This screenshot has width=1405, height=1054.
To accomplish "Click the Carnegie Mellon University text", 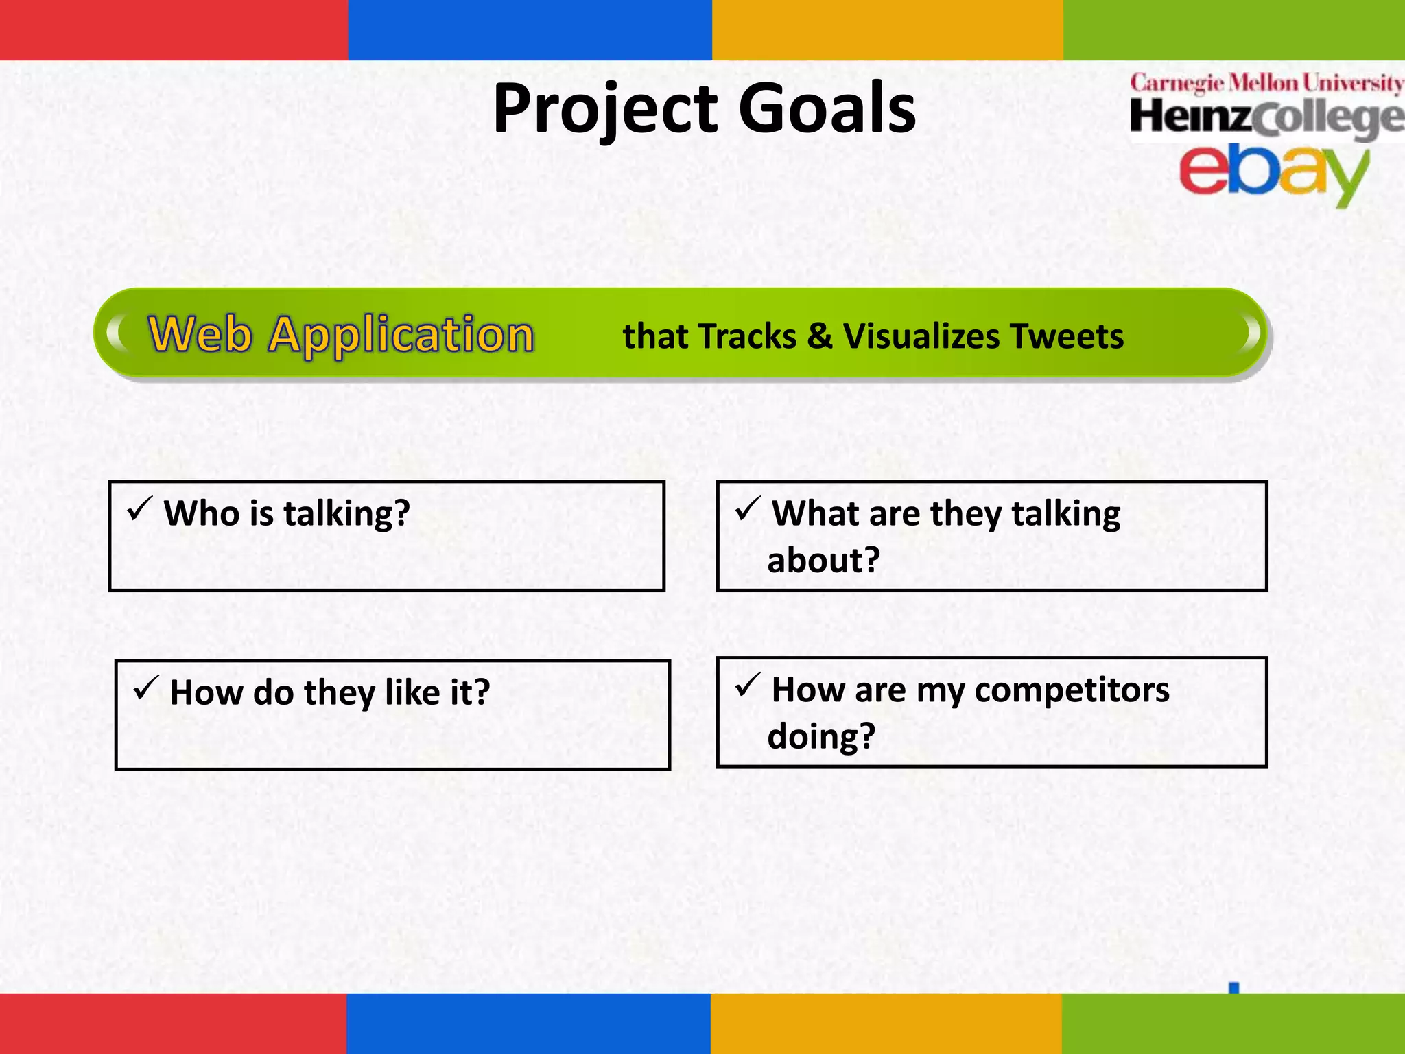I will [1266, 83].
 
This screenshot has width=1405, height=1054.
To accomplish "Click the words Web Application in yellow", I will [341, 334].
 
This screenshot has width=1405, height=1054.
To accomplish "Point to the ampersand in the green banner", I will [819, 336].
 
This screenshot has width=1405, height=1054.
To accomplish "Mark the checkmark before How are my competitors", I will [747, 685].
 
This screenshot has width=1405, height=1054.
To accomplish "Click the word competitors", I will [1072, 690].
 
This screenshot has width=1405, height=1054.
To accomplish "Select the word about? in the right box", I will [823, 560].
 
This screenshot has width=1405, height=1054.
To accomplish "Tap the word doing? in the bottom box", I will [821, 736].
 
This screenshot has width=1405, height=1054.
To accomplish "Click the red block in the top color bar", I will [174, 30].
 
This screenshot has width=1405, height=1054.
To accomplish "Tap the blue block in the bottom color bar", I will [528, 1023].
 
